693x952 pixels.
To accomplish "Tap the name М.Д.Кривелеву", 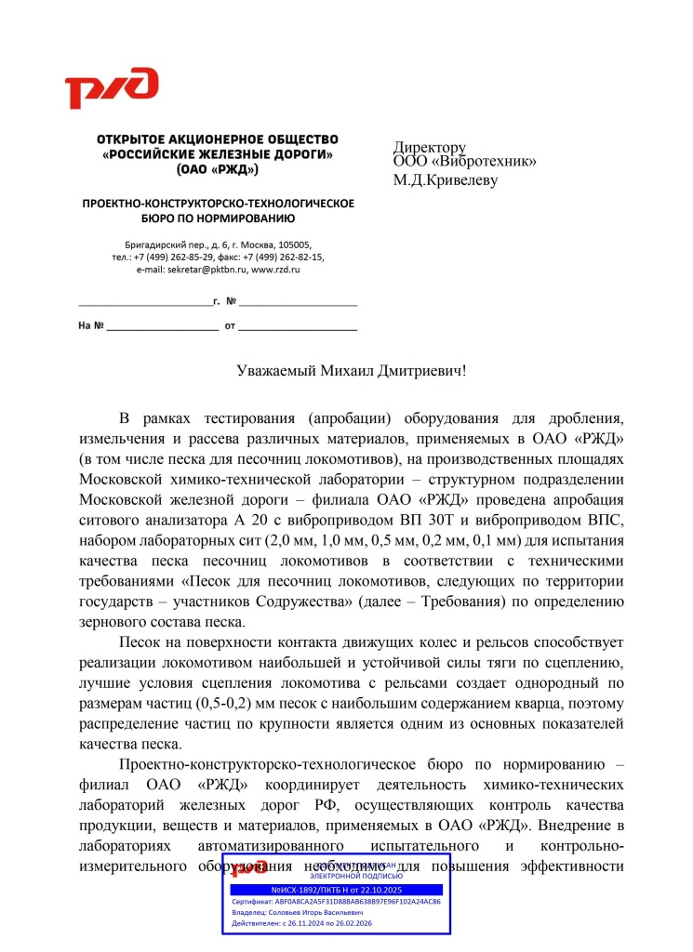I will pos(445,179).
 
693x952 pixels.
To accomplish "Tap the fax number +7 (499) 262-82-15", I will pos(281,258).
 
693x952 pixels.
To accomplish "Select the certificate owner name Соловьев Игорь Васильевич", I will pos(321,913).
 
